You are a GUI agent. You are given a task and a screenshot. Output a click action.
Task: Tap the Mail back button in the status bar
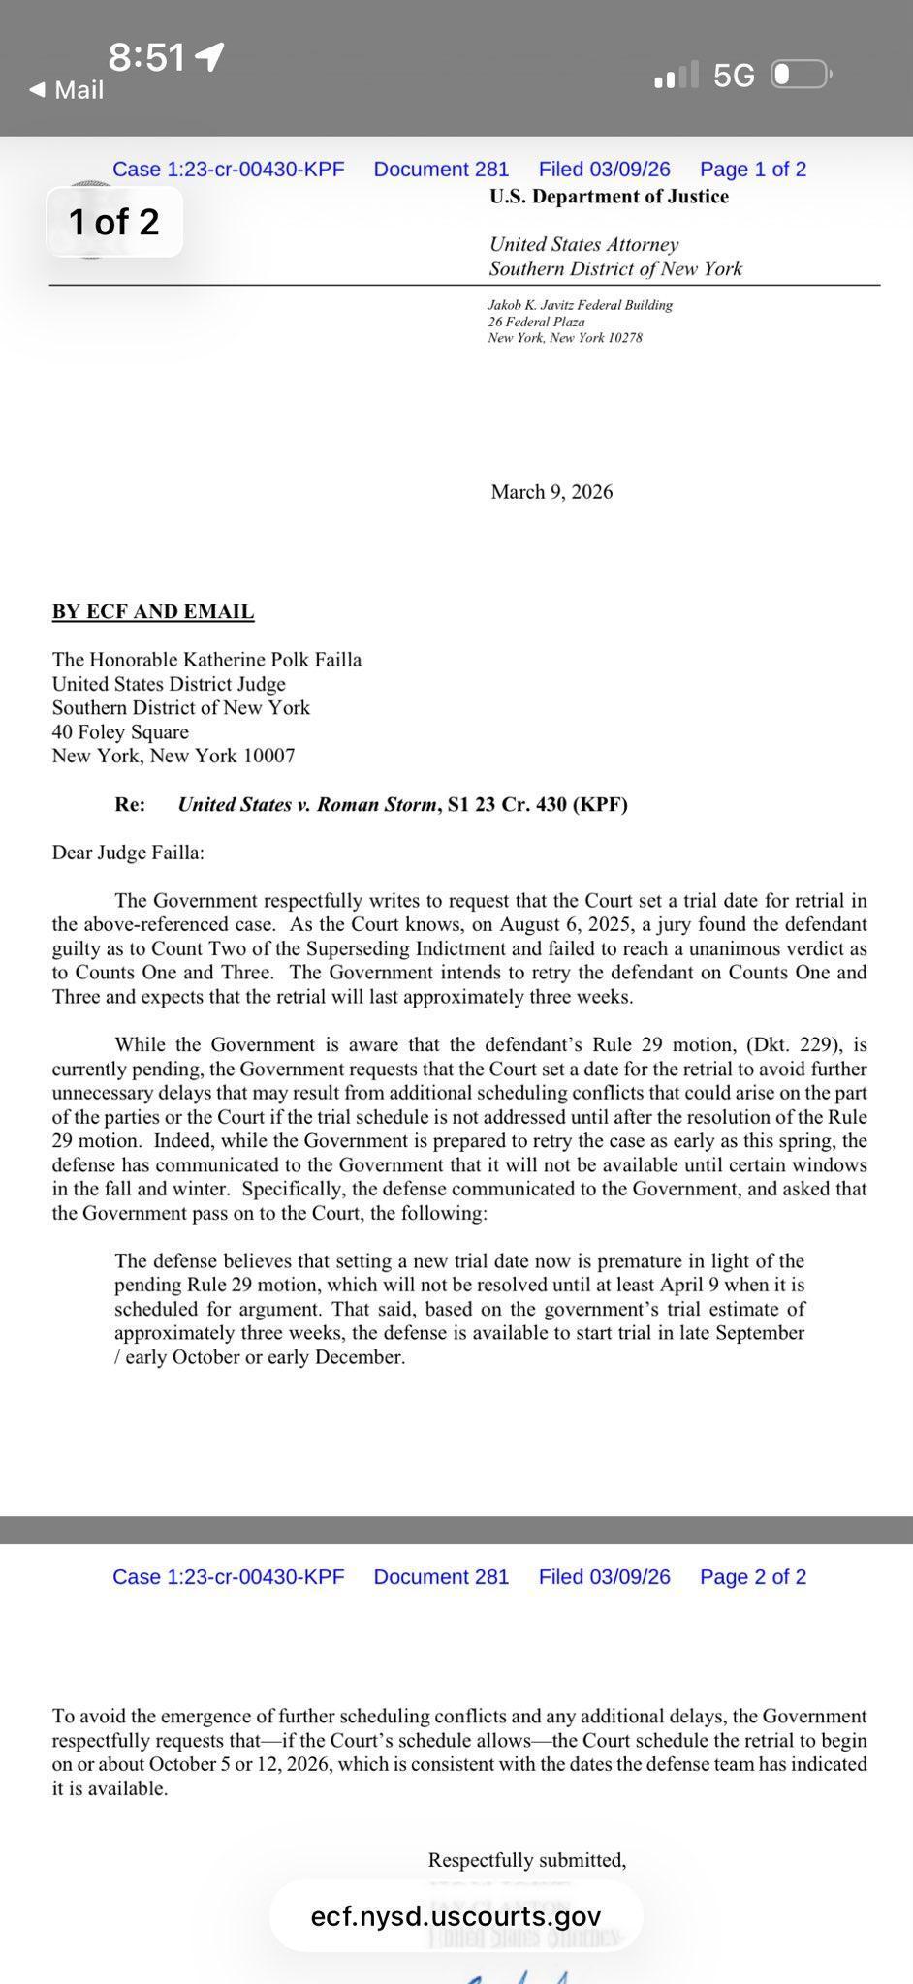(66, 90)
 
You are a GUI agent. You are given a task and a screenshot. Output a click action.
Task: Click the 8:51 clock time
(146, 58)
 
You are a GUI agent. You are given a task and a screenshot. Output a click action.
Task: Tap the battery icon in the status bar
(800, 75)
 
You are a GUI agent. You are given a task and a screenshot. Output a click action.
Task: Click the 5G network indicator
(734, 76)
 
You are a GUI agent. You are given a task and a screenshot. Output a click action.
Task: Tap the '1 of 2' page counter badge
(114, 222)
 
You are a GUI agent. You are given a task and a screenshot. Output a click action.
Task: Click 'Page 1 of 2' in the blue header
(753, 170)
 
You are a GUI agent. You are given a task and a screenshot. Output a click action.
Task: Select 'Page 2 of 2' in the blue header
(753, 1577)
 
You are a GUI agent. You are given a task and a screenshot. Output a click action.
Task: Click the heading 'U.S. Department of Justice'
(609, 197)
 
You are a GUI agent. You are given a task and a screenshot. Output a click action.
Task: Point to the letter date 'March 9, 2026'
(551, 492)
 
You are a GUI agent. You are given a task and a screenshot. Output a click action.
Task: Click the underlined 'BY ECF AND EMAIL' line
(153, 612)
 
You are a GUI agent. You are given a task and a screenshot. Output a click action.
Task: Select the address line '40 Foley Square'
(120, 732)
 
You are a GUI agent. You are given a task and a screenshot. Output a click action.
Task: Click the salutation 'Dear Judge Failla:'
(128, 852)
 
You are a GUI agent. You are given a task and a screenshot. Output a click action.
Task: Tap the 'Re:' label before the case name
(130, 804)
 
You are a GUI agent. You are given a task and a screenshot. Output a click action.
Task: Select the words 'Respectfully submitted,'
(527, 1860)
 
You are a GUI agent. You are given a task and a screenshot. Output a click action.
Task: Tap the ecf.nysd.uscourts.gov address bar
(456, 1916)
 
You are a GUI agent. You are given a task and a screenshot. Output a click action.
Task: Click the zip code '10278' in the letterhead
(625, 338)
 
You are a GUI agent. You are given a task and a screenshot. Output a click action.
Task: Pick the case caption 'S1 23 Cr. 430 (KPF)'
(538, 804)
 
